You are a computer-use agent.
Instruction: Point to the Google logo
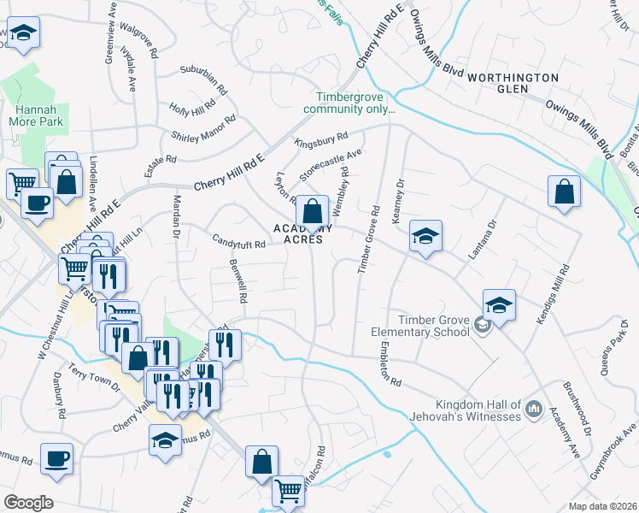click(x=27, y=502)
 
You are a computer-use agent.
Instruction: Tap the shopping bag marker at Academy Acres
click(x=314, y=210)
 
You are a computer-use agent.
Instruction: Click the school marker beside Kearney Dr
click(x=425, y=235)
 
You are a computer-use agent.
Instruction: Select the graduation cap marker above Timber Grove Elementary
click(x=499, y=304)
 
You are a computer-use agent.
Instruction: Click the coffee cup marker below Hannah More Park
click(x=36, y=203)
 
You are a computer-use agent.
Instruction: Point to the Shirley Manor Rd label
click(x=203, y=129)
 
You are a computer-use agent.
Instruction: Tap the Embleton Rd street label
click(x=386, y=365)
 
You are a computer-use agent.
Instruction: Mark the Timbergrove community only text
click(x=355, y=103)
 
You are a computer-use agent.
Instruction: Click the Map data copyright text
click(x=602, y=506)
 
